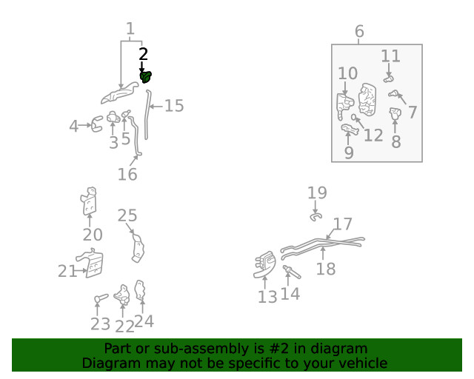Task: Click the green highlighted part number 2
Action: [146, 77]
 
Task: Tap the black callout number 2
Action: [143, 54]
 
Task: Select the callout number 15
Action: [174, 106]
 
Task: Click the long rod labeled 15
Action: [147, 114]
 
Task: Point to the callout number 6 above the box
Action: [359, 31]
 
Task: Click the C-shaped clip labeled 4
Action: [96, 124]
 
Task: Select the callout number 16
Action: [127, 174]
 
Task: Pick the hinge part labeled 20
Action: [89, 201]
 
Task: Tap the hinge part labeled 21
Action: [92, 264]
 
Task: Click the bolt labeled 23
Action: [101, 298]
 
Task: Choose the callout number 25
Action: [127, 215]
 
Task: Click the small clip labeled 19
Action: [316, 217]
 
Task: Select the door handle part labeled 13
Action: [265, 264]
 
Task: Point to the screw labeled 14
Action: [292, 272]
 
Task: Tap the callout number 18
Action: [326, 269]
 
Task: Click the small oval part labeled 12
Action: [354, 117]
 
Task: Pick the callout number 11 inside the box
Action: [390, 56]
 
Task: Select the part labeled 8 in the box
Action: [395, 113]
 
